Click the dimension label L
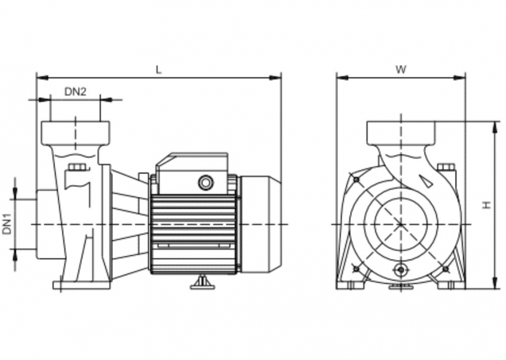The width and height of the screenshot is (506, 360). tap(158, 69)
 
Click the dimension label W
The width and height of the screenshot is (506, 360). tap(401, 69)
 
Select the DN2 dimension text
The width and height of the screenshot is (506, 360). tap(75, 91)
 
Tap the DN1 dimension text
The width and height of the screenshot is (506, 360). tap(7, 224)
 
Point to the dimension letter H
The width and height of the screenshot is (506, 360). tap(487, 205)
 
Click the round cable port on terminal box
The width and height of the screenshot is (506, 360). tap(206, 183)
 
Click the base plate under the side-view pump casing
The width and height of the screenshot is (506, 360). tap(81, 285)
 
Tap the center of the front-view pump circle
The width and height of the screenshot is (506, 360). tap(401, 224)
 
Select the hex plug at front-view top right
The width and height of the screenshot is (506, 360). tap(446, 167)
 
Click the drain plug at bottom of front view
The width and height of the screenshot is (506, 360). tap(400, 270)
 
